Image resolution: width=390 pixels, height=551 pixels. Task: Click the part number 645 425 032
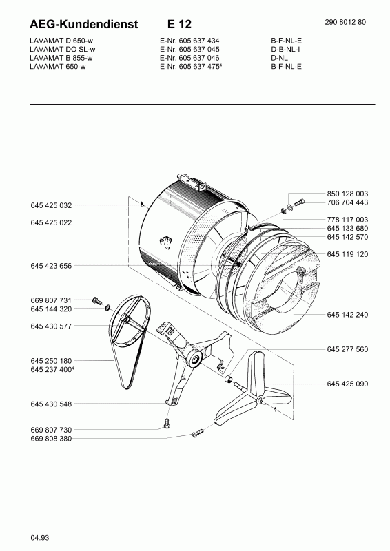point(51,205)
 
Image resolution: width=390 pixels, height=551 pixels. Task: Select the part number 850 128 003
point(347,194)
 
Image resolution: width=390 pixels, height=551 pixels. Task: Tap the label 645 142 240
point(347,315)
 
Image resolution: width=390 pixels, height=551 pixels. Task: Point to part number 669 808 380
point(51,439)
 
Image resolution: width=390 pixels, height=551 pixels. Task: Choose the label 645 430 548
point(51,404)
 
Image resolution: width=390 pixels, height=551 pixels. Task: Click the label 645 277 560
point(347,349)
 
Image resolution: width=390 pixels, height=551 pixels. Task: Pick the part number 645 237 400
point(52,369)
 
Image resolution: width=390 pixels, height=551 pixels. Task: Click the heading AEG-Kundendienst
point(83,24)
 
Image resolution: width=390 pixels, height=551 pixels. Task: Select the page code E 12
point(179,24)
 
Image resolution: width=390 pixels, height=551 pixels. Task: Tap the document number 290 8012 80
point(345,22)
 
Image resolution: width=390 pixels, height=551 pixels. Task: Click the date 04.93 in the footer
point(40,538)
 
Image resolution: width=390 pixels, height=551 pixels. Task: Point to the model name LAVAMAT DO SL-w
point(63,49)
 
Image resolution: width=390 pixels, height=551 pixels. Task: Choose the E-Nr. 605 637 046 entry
point(189,58)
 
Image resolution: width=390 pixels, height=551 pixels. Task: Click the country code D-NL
point(279,58)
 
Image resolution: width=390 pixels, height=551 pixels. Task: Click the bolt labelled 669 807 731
point(96,301)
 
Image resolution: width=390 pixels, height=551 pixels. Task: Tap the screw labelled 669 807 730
point(167,424)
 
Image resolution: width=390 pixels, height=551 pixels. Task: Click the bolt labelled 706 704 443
point(298,202)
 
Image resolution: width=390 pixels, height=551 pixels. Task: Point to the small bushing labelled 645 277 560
point(229,379)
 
